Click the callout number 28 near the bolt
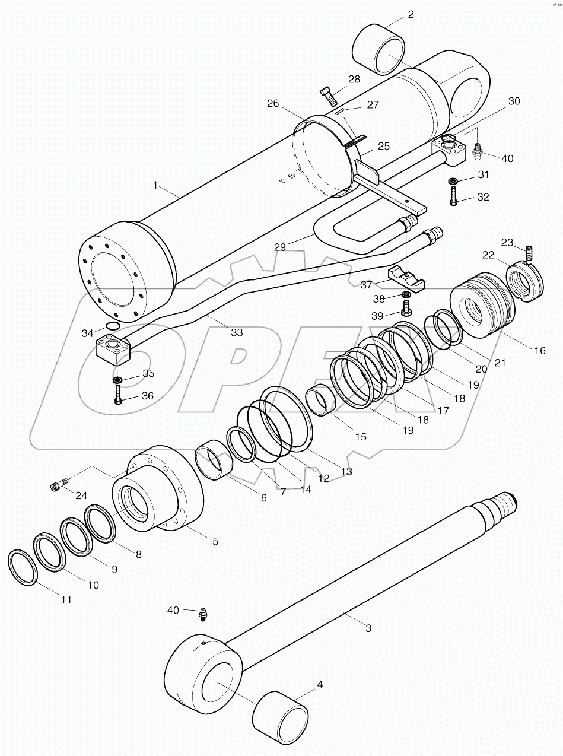(354, 80)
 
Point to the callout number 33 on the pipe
(237, 332)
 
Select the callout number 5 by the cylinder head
(215, 541)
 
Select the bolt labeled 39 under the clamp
(406, 307)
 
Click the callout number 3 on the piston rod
(368, 628)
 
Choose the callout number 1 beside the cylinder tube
(155, 186)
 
